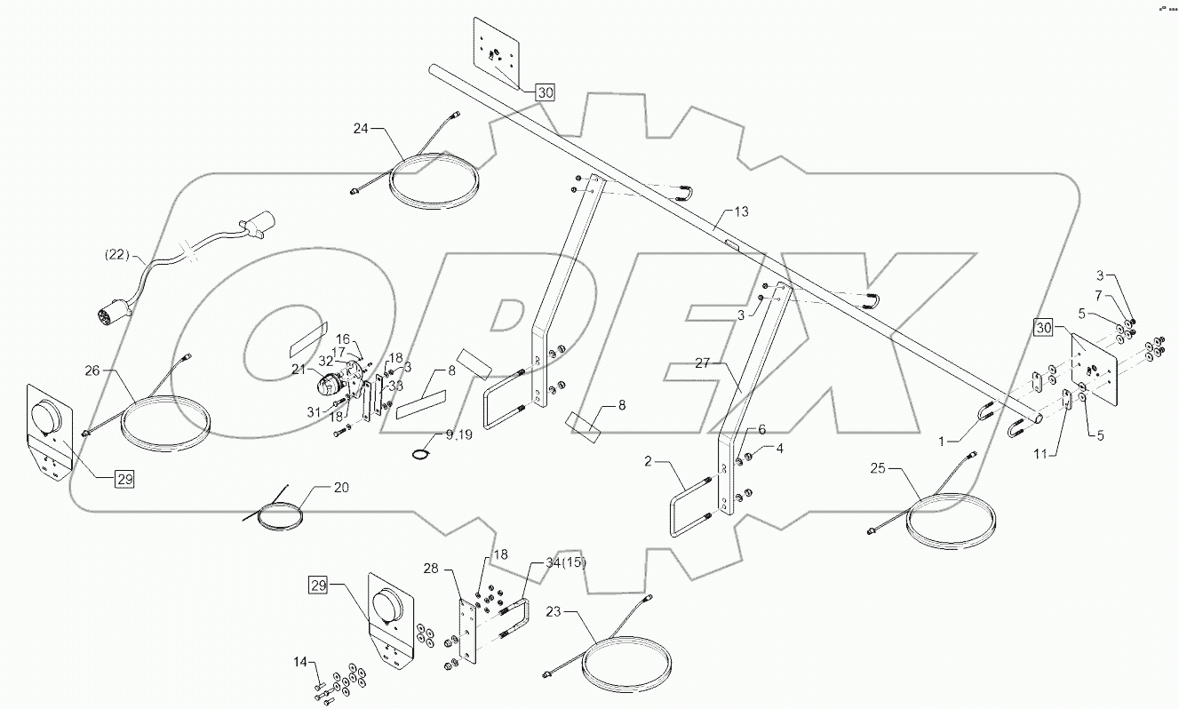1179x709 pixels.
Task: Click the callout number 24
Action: (x=360, y=129)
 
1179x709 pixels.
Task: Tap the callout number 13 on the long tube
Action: (x=741, y=212)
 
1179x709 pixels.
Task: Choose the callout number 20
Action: (x=342, y=487)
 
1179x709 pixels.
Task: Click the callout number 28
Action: (x=431, y=568)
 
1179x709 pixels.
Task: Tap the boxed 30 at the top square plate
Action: (x=545, y=92)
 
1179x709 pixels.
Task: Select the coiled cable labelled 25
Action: (x=951, y=524)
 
